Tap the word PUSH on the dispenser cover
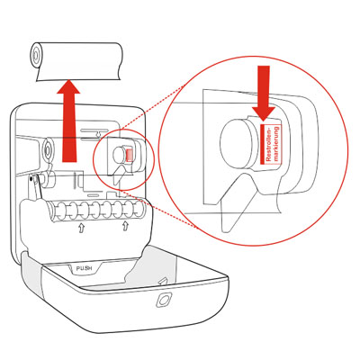point(84,268)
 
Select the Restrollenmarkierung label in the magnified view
point(271,144)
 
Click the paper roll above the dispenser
point(76,61)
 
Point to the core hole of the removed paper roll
point(36,55)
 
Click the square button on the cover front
point(164,300)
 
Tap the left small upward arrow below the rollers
point(81,229)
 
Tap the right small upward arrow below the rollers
point(125,226)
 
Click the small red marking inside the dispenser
point(129,155)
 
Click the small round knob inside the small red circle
point(119,155)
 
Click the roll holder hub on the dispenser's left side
point(46,148)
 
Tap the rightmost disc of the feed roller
point(139,209)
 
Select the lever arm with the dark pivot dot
point(35,187)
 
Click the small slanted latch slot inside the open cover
point(163,282)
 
